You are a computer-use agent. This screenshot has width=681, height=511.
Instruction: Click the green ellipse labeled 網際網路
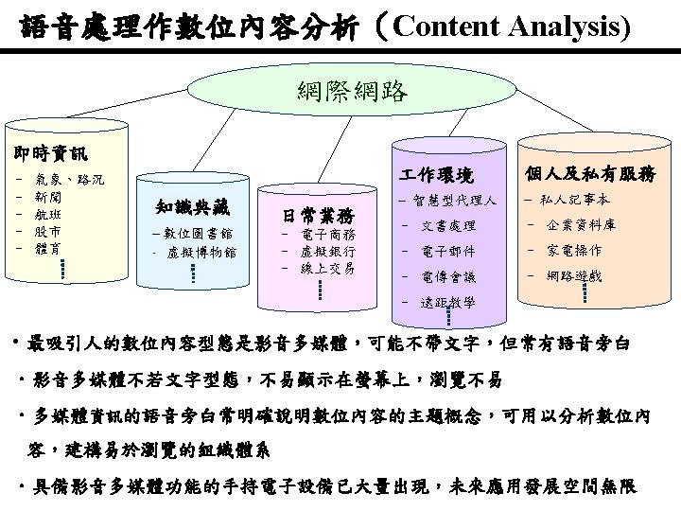[x=352, y=91]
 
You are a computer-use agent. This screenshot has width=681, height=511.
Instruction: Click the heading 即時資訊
[x=45, y=153]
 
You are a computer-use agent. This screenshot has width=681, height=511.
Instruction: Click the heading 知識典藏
[x=192, y=207]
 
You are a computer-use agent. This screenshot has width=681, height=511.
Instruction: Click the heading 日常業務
[x=319, y=213]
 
